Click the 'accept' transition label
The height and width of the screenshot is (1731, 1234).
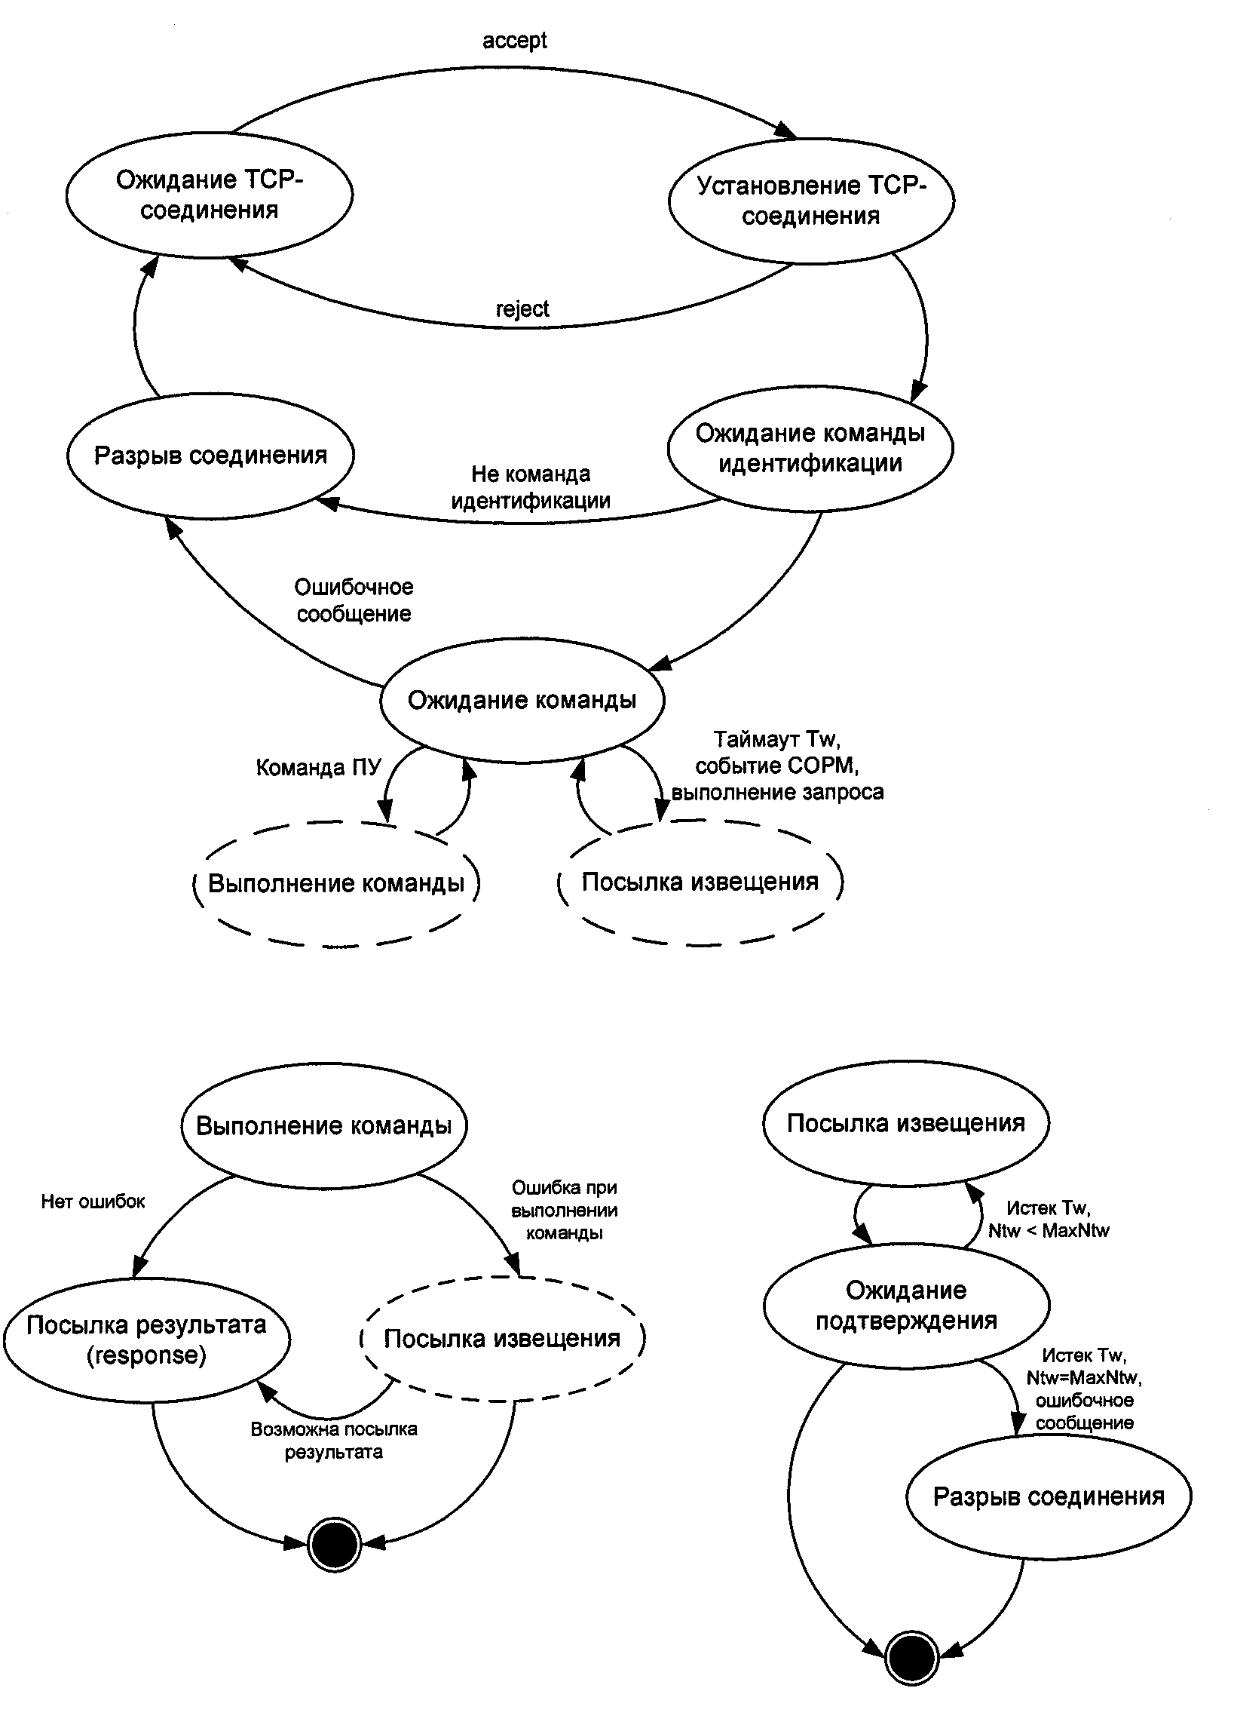click(514, 40)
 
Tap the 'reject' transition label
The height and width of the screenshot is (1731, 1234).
click(522, 308)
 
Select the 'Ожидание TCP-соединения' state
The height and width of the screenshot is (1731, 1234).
click(209, 195)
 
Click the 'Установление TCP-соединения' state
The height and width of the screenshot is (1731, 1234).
click(811, 201)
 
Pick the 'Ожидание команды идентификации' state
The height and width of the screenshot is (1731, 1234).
click(810, 448)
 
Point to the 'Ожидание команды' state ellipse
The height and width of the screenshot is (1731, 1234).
click(522, 700)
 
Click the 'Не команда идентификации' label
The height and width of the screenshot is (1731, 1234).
click(531, 487)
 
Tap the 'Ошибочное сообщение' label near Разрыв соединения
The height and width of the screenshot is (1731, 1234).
click(354, 600)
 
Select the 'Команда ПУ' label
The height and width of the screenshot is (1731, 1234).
click(317, 767)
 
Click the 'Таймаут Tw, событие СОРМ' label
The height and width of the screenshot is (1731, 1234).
click(777, 766)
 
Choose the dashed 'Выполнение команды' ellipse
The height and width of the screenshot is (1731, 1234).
click(336, 883)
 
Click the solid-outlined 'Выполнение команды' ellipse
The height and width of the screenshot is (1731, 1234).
click(323, 1126)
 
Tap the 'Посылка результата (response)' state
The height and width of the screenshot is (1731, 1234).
click(147, 1340)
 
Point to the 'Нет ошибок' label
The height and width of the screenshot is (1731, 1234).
click(93, 1202)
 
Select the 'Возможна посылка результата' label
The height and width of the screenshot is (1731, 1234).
click(334, 1441)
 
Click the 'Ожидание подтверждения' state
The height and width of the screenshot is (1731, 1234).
click(906, 1306)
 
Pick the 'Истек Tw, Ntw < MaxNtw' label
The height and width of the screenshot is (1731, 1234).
click(1048, 1220)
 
